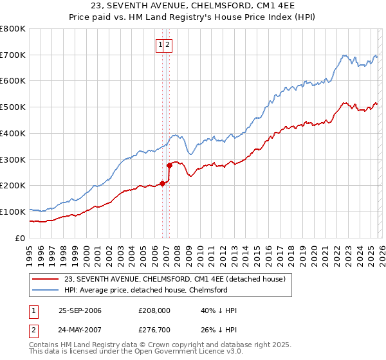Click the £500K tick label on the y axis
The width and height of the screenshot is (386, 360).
point(13,107)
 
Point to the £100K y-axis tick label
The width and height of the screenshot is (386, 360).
point(13,212)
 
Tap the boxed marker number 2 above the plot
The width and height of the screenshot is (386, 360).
point(167,44)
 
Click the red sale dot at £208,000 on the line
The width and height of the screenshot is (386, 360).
point(162,183)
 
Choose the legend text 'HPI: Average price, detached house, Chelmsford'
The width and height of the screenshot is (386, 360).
point(146,290)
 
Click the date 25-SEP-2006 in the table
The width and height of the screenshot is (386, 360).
point(80,310)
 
